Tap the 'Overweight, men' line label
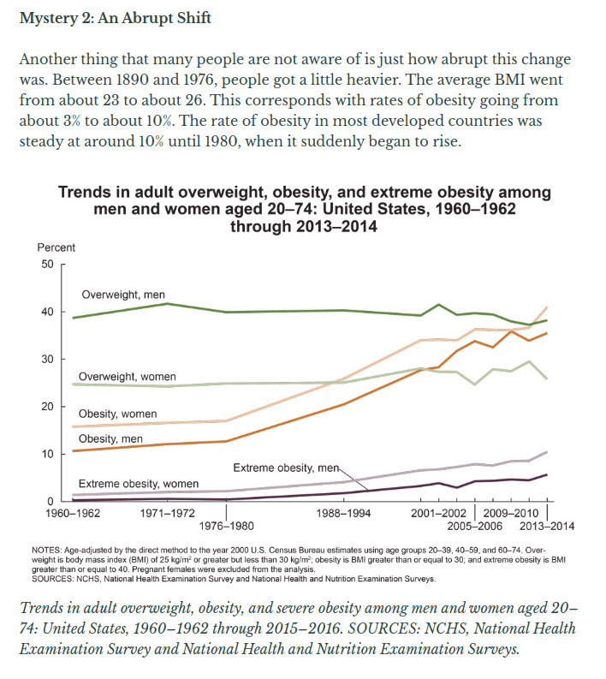[123, 295]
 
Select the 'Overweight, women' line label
[128, 377]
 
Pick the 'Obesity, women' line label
[117, 414]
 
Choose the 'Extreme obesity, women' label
[138, 484]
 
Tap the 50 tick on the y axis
[47, 265]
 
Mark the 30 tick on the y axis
[47, 359]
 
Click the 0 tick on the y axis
[50, 500]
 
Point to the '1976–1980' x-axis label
[226, 525]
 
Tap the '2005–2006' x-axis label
[475, 525]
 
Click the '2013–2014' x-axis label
[548, 525]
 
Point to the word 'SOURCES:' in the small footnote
[50, 579]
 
